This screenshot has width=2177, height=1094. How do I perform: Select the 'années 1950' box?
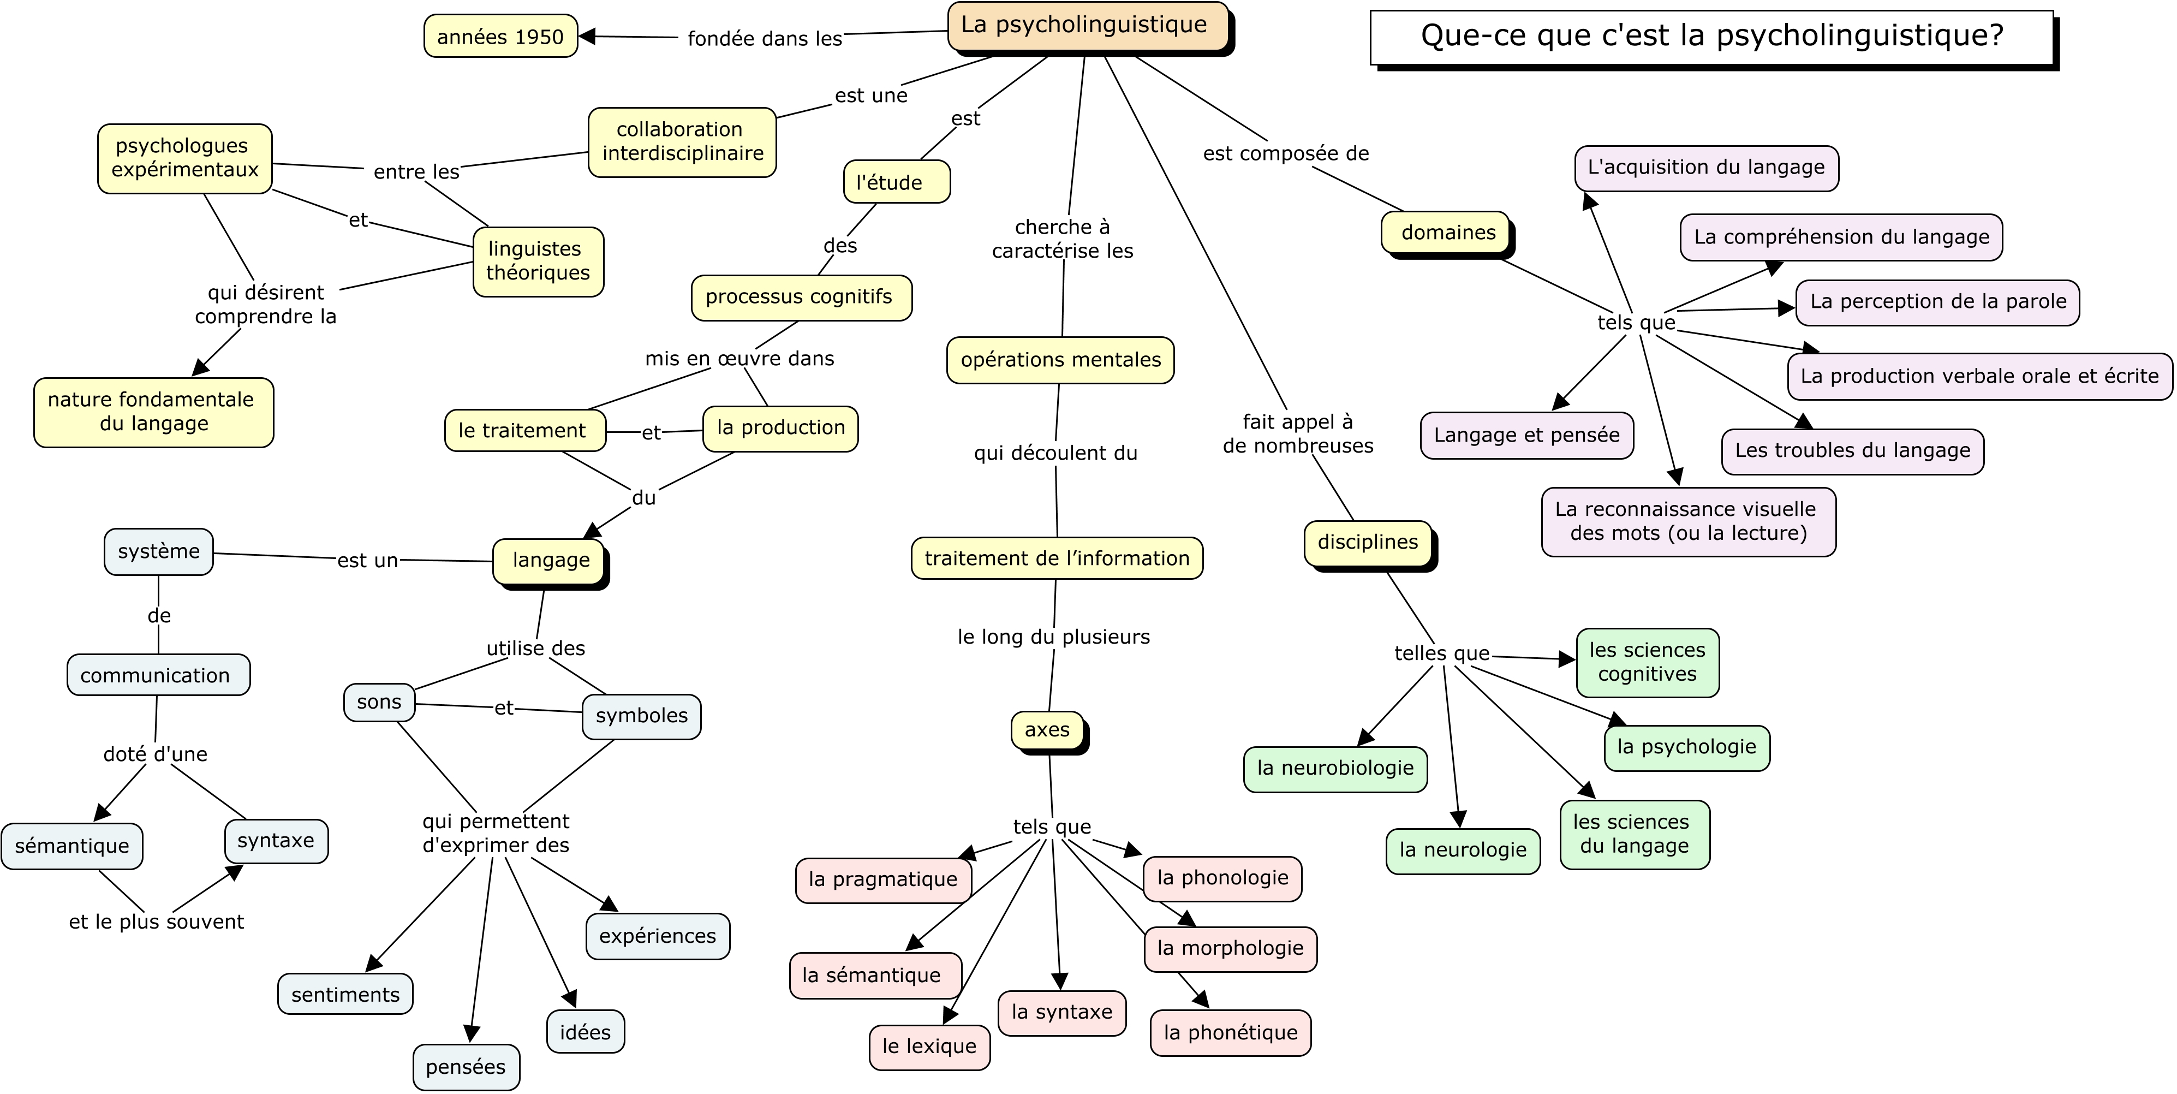point(500,37)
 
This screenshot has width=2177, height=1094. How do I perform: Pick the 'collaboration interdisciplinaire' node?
point(682,142)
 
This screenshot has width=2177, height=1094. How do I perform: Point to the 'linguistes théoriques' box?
point(538,261)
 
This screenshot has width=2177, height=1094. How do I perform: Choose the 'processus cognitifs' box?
point(801,298)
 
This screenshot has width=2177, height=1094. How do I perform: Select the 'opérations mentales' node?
point(1060,360)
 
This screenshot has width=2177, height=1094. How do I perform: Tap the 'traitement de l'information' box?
point(1057,558)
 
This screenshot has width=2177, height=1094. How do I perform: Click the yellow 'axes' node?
point(1048,730)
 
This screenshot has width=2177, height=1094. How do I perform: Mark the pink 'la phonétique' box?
point(1231,1032)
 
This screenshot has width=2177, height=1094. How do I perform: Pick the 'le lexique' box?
point(929,1047)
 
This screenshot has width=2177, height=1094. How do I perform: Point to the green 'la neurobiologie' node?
point(1335,769)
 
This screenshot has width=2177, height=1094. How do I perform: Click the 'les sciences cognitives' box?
point(1647,663)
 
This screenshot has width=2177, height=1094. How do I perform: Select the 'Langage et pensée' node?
point(1526,436)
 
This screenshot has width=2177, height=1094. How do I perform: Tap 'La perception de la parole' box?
point(1938,302)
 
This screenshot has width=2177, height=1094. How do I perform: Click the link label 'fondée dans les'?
point(765,39)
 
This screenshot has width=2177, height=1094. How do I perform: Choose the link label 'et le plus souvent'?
point(156,921)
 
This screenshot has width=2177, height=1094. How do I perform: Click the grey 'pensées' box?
point(466,1067)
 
